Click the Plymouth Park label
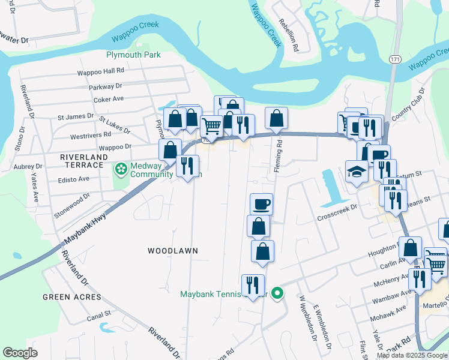click(x=133, y=55)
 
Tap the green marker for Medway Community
click(x=121, y=168)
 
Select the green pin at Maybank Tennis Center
click(x=277, y=293)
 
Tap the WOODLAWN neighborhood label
click(x=173, y=250)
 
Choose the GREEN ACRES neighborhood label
click(x=68, y=297)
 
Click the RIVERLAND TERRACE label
click(x=83, y=161)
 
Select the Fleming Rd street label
click(x=278, y=156)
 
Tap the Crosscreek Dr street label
click(x=337, y=206)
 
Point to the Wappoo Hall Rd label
click(x=100, y=71)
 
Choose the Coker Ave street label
click(x=108, y=98)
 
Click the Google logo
click(x=20, y=353)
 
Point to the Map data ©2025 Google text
click(x=411, y=355)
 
